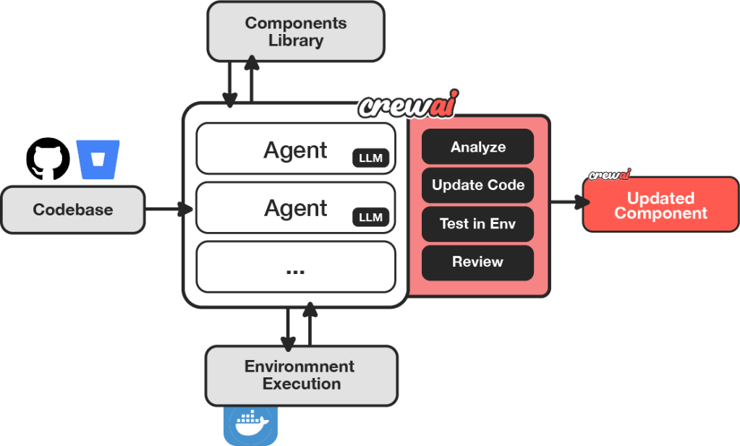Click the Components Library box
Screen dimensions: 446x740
[296, 32]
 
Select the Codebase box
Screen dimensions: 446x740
[73, 210]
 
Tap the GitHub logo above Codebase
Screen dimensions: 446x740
[48, 159]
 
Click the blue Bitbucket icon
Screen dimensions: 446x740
[98, 160]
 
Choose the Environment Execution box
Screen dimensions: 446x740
[302, 375]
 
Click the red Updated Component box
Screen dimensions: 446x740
[660, 205]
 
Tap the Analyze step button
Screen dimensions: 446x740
[477, 147]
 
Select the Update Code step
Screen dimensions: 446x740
[477, 185]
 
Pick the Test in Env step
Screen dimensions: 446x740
[477, 223]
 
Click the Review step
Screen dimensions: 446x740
[477, 262]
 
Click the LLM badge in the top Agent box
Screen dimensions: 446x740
[370, 158]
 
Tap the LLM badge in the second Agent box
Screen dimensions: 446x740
[370, 216]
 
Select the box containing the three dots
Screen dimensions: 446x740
[296, 268]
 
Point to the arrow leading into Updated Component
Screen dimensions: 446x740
[568, 203]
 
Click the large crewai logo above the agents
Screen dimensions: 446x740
[409, 104]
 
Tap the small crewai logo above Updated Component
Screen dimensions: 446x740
[609, 173]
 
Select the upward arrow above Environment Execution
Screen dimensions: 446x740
[310, 325]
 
